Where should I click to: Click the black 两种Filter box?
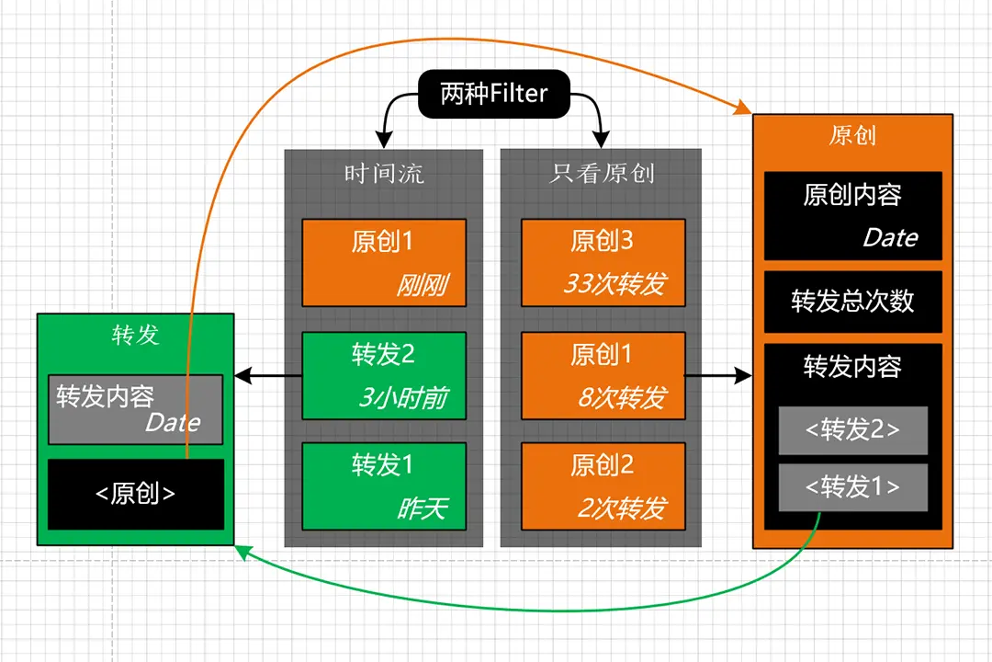[x=494, y=95]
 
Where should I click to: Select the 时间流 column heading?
[x=384, y=174]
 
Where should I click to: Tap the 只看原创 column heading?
[x=602, y=174]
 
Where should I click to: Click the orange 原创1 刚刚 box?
[x=384, y=262]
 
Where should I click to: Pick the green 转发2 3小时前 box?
[x=384, y=375]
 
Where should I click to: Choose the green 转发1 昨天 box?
[x=384, y=486]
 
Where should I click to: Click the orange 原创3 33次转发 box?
[x=603, y=262]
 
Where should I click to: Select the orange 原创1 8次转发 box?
[x=603, y=375]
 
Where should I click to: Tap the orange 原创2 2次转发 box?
[x=603, y=486]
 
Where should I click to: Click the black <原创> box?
[x=136, y=494]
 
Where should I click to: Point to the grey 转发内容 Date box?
[x=136, y=408]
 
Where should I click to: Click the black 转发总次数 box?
[x=852, y=302]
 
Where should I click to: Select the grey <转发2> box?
[x=852, y=430]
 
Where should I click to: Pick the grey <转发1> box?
[x=852, y=487]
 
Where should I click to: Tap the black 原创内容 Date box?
[x=852, y=216]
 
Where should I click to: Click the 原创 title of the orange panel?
[x=852, y=136]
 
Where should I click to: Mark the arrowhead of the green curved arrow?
[x=241, y=550]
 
